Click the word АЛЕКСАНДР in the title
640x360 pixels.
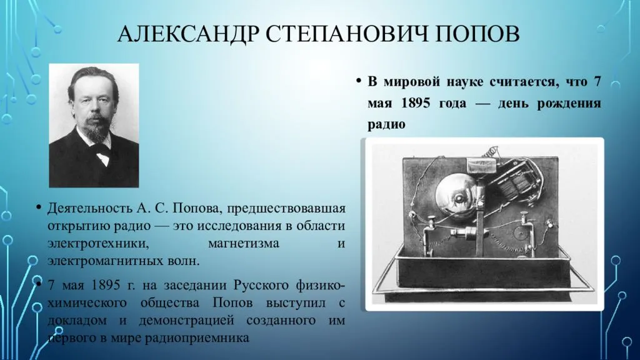click(188, 34)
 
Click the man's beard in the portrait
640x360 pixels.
click(96, 130)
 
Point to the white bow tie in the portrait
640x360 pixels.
click(102, 155)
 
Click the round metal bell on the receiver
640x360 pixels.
click(456, 198)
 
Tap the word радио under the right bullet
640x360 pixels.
click(386, 124)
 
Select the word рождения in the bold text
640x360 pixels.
click(569, 103)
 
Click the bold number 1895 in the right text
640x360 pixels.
click(416, 102)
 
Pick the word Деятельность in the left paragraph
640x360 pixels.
click(89, 208)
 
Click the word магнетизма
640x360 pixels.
click(244, 243)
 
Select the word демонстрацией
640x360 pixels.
click(187, 321)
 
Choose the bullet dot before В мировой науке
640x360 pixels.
click(359, 81)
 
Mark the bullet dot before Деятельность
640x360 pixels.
click(39, 207)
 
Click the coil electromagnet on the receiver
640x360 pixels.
click(513, 179)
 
